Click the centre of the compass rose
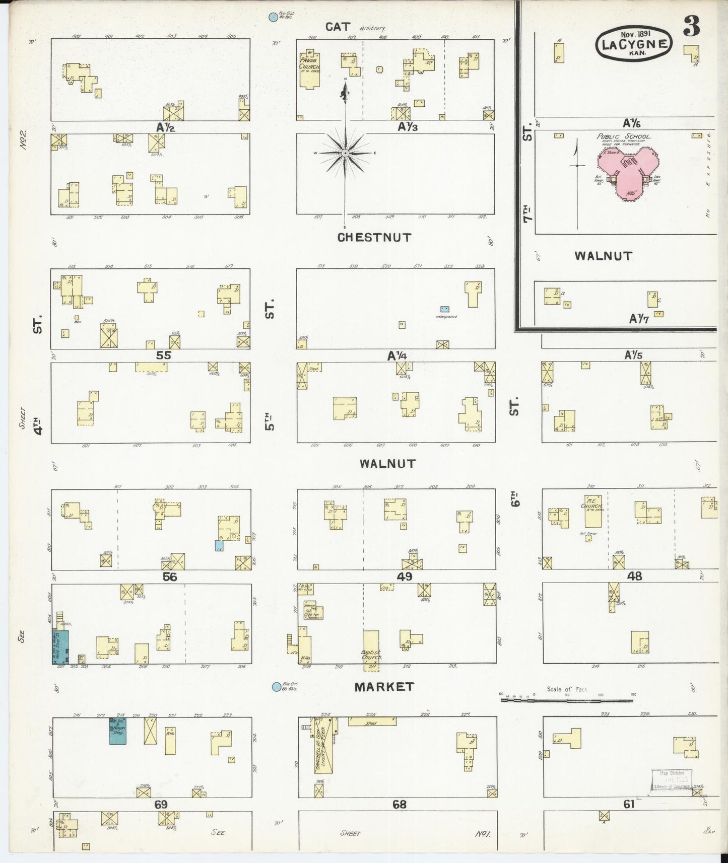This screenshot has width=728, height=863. coord(346,153)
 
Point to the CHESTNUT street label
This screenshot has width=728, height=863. coord(374,237)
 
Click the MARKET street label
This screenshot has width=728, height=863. coord(384,686)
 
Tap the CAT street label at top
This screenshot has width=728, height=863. coord(338,27)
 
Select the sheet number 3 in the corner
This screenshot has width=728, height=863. coord(691,27)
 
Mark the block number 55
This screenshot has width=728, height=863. coord(163,355)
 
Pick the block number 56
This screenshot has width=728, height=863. coord(170,577)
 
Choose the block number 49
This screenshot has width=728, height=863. coord(405,577)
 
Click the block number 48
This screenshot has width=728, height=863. coord(634,576)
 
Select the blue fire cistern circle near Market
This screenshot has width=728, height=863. coord(276,687)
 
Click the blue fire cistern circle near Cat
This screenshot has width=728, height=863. coord(273,17)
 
